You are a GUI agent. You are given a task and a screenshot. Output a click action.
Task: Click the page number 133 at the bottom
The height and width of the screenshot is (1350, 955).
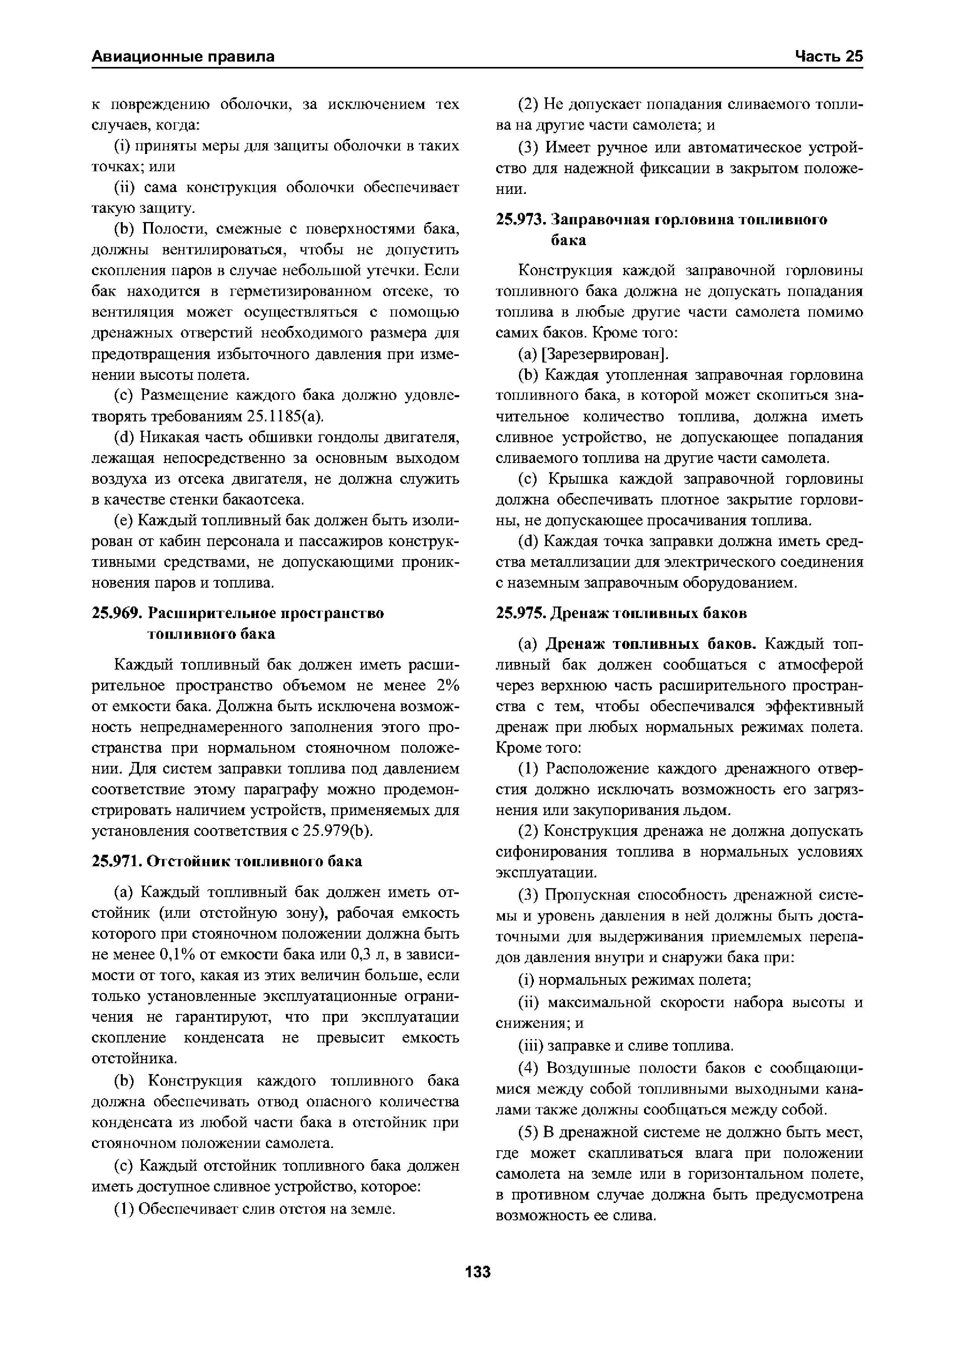pos(477,1272)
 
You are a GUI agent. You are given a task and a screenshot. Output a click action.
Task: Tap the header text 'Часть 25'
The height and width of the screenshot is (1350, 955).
pos(829,57)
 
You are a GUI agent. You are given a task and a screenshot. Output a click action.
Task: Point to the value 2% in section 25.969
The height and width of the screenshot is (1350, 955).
pos(448,686)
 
